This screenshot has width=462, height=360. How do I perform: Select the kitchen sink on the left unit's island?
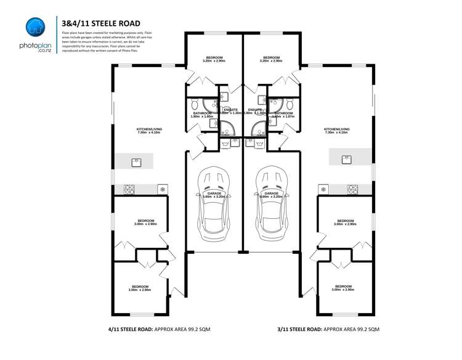(136, 162)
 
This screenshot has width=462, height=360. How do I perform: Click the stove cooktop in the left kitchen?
(129, 189)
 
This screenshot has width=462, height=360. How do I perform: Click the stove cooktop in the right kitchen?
(353, 189)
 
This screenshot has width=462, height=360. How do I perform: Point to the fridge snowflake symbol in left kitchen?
(163, 189)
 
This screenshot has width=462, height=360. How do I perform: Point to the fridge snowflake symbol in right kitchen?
(323, 189)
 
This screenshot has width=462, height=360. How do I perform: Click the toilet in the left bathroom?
(193, 104)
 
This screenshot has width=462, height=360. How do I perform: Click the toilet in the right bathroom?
(291, 104)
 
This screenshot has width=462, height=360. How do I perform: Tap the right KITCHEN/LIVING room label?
(336, 131)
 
